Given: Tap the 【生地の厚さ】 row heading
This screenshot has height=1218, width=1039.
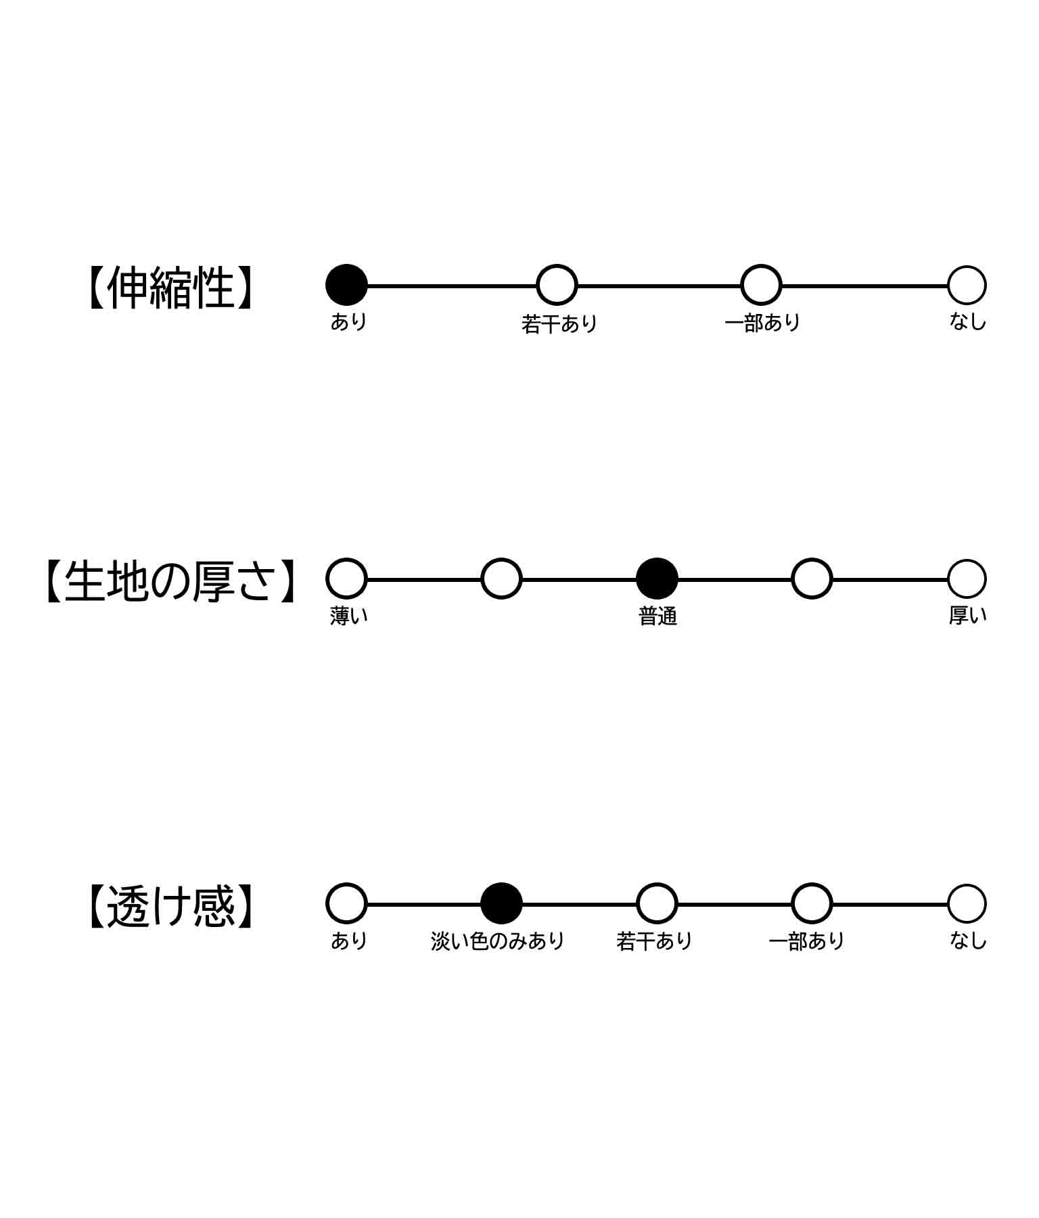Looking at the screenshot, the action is tap(170, 581).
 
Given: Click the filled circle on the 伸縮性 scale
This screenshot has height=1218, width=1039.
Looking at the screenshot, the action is tap(346, 285).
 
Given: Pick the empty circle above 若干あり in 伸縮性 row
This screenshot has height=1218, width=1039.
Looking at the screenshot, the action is tap(557, 285).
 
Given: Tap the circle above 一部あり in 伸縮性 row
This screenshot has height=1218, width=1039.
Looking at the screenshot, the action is tap(761, 285).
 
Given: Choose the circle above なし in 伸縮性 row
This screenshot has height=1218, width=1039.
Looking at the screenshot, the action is tap(967, 285).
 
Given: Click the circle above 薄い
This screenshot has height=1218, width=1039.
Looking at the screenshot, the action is tap(346, 579).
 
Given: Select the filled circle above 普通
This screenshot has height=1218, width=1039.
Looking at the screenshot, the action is tap(657, 579).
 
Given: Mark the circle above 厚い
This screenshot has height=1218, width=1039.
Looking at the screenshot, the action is tap(967, 579).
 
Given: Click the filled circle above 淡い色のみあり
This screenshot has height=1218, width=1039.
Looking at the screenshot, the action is tap(501, 903).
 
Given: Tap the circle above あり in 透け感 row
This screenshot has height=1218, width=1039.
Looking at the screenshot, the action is tap(346, 903).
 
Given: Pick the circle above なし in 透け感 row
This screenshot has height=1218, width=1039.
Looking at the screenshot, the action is tap(967, 903).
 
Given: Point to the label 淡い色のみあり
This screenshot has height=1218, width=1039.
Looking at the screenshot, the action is tap(498, 941).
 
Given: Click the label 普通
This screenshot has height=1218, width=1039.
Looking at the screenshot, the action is tap(657, 616).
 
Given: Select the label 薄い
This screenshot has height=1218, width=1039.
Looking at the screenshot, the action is tap(349, 616).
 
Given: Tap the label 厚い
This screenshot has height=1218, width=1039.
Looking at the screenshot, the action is tap(967, 616).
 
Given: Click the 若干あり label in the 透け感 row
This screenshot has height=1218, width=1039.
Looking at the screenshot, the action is tap(655, 941).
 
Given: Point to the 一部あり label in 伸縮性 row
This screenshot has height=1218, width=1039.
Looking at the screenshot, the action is tap(762, 323).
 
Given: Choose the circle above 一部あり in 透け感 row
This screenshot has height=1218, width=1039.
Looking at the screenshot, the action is tap(811, 903).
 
